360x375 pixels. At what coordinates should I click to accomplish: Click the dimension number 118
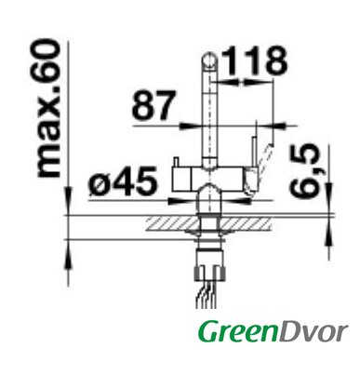point(254,60)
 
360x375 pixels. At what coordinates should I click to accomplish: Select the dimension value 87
point(153,105)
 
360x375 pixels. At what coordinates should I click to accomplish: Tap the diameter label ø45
point(123,181)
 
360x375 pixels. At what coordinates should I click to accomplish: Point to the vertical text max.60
point(48,108)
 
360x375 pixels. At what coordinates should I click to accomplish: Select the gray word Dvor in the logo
point(313,331)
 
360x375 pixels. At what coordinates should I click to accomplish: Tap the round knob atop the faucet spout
point(209,60)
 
